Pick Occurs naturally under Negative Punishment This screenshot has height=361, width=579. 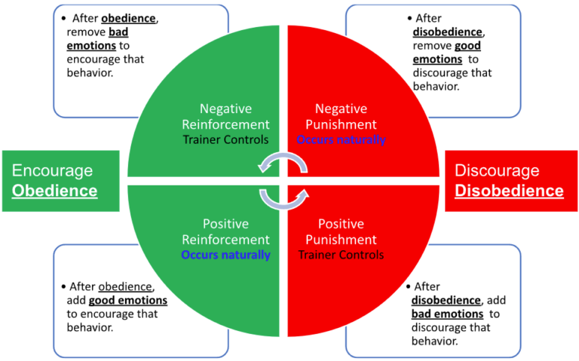(x=341, y=139)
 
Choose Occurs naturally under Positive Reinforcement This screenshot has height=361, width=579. (x=225, y=255)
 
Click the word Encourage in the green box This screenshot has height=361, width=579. (x=52, y=170)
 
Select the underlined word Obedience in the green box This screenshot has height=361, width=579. (x=54, y=190)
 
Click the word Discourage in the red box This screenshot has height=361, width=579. (x=497, y=170)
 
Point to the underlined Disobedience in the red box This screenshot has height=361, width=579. (x=509, y=191)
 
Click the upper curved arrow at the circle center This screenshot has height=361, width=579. (x=283, y=163)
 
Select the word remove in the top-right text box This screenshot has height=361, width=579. (x=430, y=45)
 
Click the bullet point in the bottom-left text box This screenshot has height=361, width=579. (x=63, y=287)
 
